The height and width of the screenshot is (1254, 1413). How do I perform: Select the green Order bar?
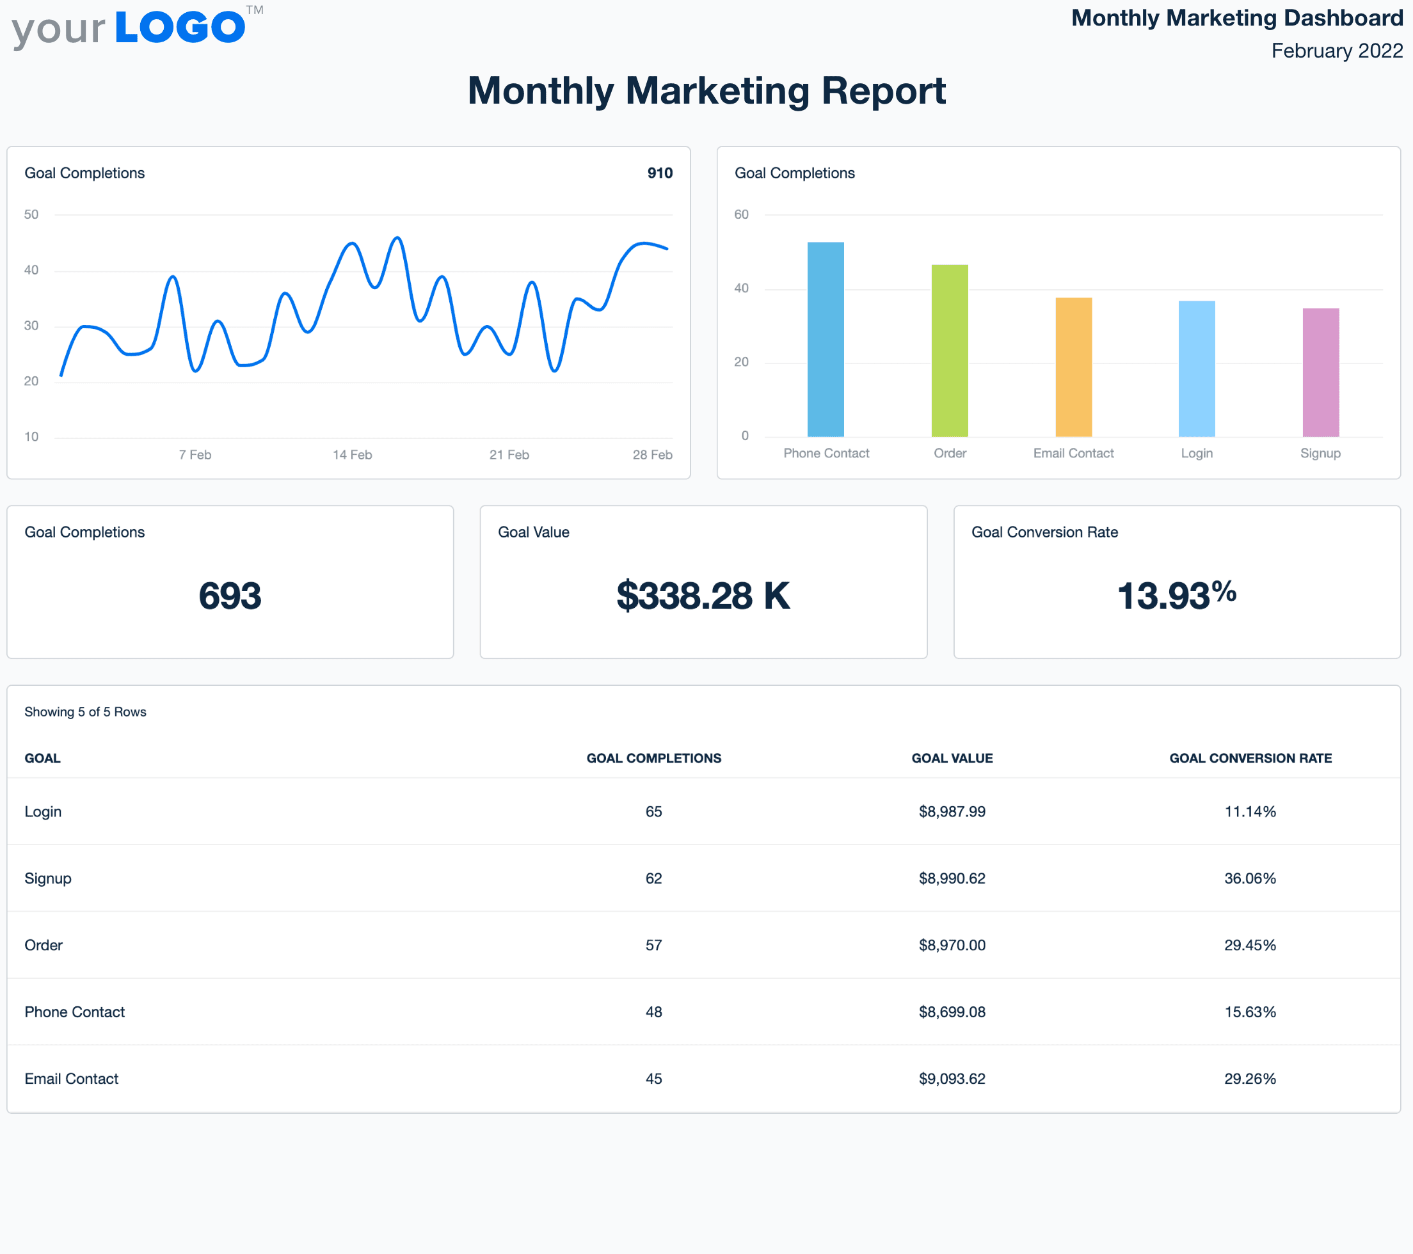tap(949, 351)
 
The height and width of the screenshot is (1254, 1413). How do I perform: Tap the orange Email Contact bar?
tap(1073, 367)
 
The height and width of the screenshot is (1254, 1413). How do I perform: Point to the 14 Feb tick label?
tap(352, 455)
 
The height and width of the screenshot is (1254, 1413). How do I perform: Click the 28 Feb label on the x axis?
tap(652, 455)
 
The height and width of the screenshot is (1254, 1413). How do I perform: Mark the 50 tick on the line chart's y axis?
tap(31, 214)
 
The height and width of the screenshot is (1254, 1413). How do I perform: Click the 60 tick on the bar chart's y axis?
tap(741, 214)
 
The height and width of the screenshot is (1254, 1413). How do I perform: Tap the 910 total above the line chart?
tap(660, 173)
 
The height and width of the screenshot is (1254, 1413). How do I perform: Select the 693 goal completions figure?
tap(230, 596)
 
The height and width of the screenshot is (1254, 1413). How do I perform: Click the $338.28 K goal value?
tap(703, 596)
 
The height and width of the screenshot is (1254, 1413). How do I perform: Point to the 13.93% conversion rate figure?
tap(1177, 595)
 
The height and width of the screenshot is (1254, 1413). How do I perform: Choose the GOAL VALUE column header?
tap(952, 758)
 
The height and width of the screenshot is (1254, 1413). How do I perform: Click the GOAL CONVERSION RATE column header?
tap(1250, 758)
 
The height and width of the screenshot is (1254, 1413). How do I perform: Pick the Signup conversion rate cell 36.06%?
tap(1250, 878)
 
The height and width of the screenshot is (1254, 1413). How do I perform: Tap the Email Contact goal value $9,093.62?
tap(952, 1079)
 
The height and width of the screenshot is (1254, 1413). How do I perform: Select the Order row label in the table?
tap(44, 946)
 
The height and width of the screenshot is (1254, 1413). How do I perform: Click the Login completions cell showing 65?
tap(653, 811)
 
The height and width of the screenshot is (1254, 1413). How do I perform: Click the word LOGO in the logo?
tap(180, 28)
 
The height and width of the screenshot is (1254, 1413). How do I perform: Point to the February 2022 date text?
tap(1336, 51)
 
